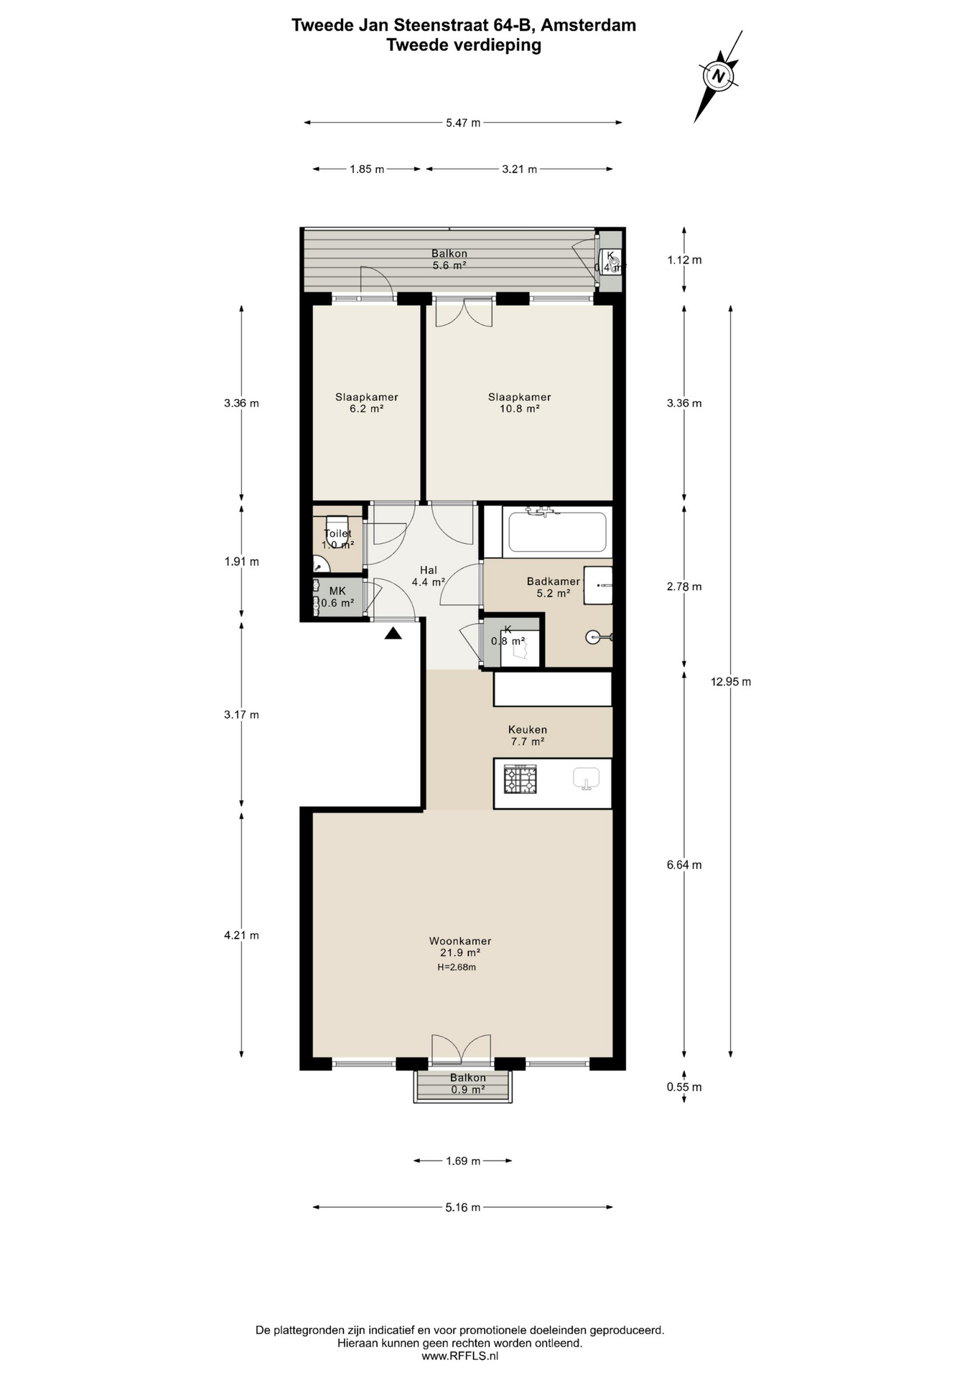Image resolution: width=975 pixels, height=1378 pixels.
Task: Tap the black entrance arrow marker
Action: pyautogui.click(x=393, y=633)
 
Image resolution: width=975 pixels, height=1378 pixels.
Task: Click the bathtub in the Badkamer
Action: pyautogui.click(x=557, y=532)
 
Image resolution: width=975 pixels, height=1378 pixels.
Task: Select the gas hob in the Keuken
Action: pyautogui.click(x=521, y=779)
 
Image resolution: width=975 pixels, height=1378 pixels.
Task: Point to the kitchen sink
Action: pyautogui.click(x=587, y=779)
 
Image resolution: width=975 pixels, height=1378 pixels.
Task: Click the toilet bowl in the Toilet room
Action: pyautogui.click(x=337, y=531)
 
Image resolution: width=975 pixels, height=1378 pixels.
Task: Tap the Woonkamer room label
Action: pyautogui.click(x=460, y=941)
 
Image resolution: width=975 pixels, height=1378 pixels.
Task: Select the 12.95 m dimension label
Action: pyautogui.click(x=731, y=682)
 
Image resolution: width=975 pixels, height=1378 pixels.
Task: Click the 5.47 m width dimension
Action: pyautogui.click(x=463, y=123)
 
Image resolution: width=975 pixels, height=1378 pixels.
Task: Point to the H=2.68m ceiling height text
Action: pyautogui.click(x=457, y=967)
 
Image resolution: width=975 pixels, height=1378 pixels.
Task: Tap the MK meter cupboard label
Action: pyautogui.click(x=337, y=591)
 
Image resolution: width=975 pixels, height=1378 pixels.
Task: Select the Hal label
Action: pyautogui.click(x=429, y=571)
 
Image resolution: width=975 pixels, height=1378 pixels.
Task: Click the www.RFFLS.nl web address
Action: pyautogui.click(x=460, y=1356)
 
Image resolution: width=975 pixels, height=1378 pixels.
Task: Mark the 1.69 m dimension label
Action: pyautogui.click(x=463, y=1161)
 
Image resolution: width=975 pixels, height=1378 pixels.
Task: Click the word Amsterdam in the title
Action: pyautogui.click(x=588, y=25)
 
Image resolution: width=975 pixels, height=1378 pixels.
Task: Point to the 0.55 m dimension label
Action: pyautogui.click(x=684, y=1087)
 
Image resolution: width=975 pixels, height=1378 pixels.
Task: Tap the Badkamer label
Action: pyautogui.click(x=554, y=581)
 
